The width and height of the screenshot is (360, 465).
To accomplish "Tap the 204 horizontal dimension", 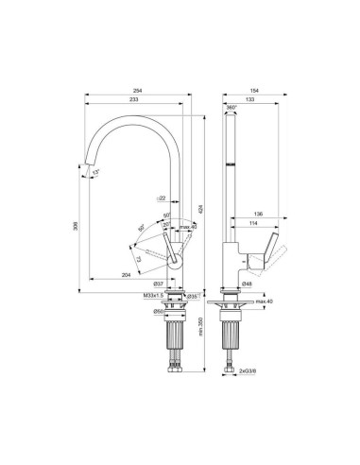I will [127, 274].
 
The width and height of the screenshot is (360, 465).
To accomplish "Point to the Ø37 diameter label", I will [159, 284].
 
